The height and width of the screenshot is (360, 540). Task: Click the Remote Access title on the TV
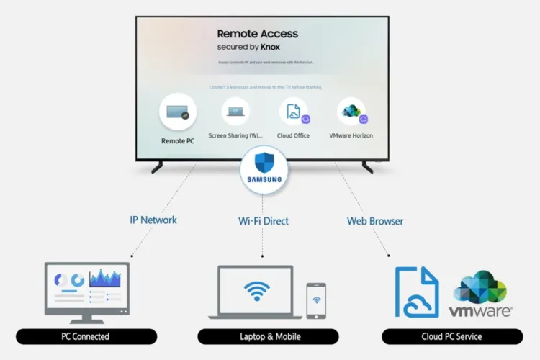(x=257, y=33)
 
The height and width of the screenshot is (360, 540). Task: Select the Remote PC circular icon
(x=177, y=112)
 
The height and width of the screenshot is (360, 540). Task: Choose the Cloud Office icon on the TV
(x=294, y=112)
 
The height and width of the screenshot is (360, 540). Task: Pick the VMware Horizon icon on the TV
(x=351, y=112)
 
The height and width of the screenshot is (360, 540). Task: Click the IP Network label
(x=153, y=220)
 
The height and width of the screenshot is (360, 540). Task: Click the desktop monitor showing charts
(x=86, y=288)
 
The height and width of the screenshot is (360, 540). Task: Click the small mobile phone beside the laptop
(x=315, y=300)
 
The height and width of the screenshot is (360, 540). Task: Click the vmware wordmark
(x=480, y=312)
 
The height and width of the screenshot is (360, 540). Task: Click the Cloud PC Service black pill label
(x=451, y=336)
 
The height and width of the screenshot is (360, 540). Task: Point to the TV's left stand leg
(x=156, y=166)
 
